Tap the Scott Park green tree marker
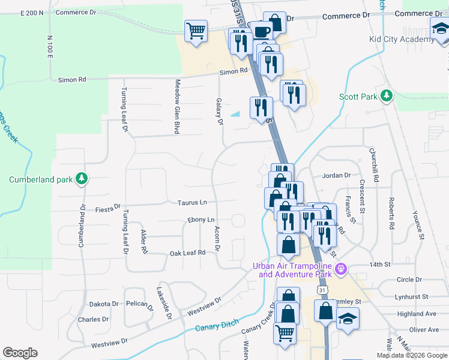click(387, 95)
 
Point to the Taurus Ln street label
click(191, 203)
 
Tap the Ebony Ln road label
click(201, 220)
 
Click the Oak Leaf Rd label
click(187, 253)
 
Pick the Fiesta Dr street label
click(108, 209)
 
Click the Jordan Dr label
click(336, 175)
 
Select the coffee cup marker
click(260, 32)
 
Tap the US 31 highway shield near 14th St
click(323, 290)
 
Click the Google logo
click(20, 353)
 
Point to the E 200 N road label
click(32, 13)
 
